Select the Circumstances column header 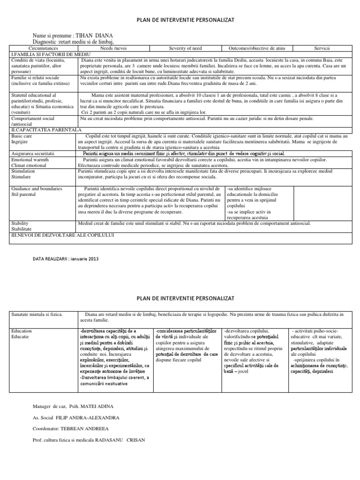(x=43, y=48)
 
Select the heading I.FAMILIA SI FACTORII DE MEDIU (x=49, y=54)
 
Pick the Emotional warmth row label (x=31, y=160)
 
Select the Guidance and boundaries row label (x=37, y=188)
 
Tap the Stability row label (x=20, y=224)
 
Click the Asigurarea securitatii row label (x=33, y=154)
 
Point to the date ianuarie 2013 (x=86, y=258)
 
